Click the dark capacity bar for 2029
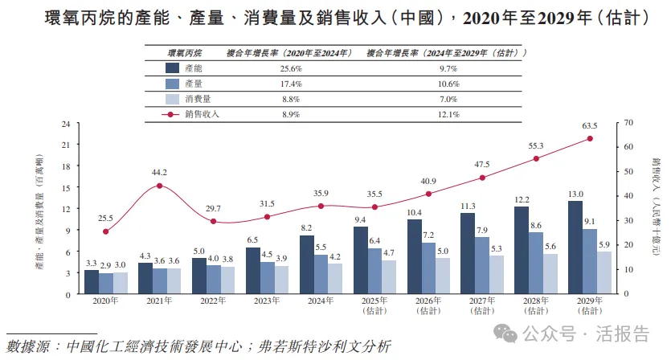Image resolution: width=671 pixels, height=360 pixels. pyautogui.click(x=575, y=247)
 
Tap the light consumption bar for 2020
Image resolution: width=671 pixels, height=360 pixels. pyautogui.click(x=120, y=283)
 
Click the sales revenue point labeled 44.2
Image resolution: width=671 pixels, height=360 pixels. pyautogui.click(x=159, y=186)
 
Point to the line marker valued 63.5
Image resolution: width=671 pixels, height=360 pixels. pyautogui.click(x=590, y=138)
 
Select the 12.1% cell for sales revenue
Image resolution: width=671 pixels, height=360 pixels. pyautogui.click(x=446, y=115)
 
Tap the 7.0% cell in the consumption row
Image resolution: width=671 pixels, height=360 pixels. pyautogui.click(x=446, y=100)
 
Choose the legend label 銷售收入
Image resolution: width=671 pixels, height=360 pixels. pyautogui.click(x=203, y=115)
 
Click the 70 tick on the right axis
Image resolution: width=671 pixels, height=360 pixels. pyautogui.click(x=629, y=123)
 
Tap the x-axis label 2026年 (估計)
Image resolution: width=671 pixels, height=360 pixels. pyautogui.click(x=429, y=305)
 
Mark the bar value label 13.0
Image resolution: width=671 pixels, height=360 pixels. pyautogui.click(x=575, y=194)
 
